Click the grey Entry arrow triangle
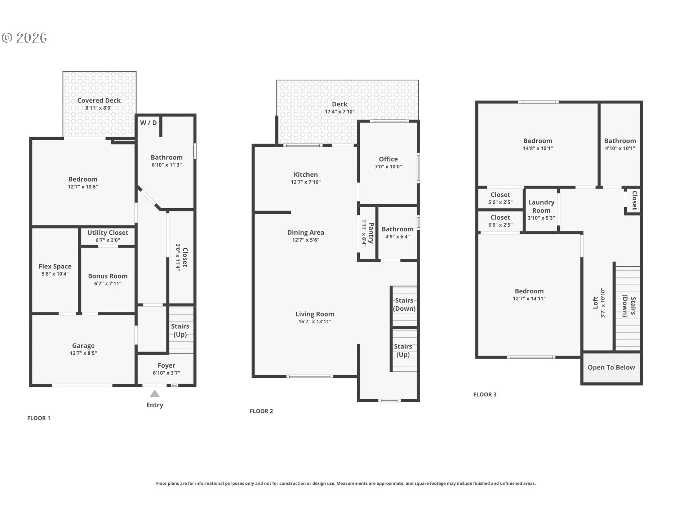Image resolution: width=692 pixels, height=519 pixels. click(155, 394)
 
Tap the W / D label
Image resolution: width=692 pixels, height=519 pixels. click(148, 123)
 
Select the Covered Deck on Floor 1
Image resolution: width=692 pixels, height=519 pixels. click(99, 105)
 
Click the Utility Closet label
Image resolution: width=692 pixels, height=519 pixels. click(108, 233)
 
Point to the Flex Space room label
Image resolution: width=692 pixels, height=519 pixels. click(55, 266)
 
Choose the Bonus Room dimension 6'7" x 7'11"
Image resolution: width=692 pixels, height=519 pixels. click(108, 284)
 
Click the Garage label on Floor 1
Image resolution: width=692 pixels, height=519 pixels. click(83, 346)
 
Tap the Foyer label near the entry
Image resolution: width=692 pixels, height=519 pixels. click(167, 366)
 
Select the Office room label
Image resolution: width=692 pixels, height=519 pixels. click(388, 159)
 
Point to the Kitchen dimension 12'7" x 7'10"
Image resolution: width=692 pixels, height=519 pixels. click(306, 182)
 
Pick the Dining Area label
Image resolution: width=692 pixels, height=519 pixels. click(306, 233)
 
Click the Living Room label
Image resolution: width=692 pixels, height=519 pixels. click(315, 314)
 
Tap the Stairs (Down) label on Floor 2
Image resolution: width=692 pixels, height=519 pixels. click(404, 305)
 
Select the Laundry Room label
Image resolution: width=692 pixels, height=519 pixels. click(541, 207)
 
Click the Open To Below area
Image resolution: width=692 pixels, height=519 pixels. click(612, 368)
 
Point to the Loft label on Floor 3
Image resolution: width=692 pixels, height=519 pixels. click(595, 303)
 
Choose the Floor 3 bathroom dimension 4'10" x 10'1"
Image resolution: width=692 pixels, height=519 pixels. click(620, 148)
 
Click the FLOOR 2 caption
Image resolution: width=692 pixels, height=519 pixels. click(261, 411)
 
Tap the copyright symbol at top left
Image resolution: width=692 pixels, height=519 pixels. click(7, 38)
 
